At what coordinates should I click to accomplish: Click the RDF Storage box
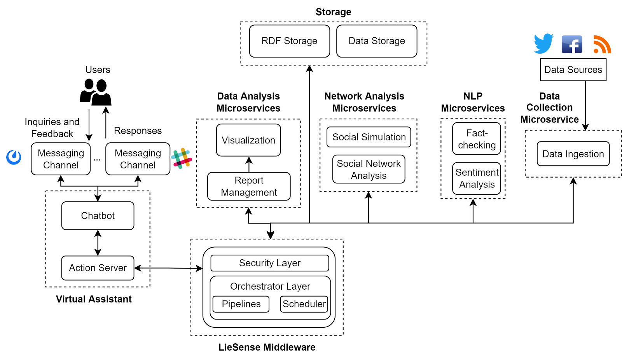[x=290, y=41]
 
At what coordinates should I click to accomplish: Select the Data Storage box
[x=377, y=41]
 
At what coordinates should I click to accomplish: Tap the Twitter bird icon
[x=543, y=44]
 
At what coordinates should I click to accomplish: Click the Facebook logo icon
[x=572, y=44]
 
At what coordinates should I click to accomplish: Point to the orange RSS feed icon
[x=602, y=44]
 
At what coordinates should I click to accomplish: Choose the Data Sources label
[x=573, y=70]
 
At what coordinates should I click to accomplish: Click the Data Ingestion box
[x=573, y=154]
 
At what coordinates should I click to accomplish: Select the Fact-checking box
[x=477, y=139]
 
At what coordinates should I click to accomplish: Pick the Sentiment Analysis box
[x=477, y=178]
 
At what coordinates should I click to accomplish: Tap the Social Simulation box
[x=369, y=137]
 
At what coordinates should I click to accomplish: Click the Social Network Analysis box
[x=369, y=170]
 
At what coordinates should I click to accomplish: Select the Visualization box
[x=248, y=140]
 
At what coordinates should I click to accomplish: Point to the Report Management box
[x=249, y=187]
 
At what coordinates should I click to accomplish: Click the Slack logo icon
[x=182, y=158]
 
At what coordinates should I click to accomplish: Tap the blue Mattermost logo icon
[x=14, y=157]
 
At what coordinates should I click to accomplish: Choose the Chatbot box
[x=98, y=216]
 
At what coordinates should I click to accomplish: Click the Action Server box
[x=98, y=268]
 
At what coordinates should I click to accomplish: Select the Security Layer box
[x=270, y=263]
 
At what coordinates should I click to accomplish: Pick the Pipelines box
[x=241, y=304]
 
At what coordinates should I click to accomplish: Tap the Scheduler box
[x=304, y=304]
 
